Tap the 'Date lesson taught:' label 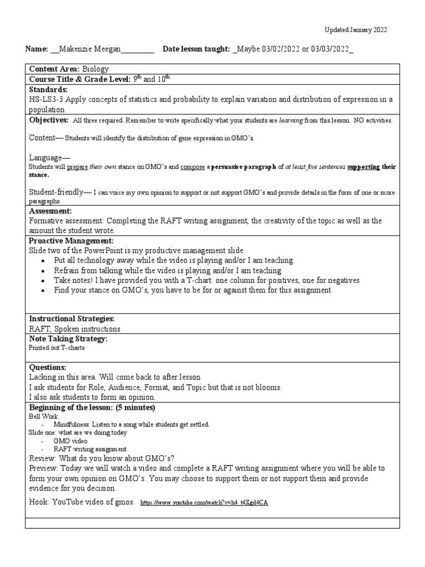[x=196, y=49]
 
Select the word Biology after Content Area [x=96, y=69]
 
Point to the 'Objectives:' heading [x=49, y=120]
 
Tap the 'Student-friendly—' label [x=60, y=192]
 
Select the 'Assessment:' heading [x=50, y=211]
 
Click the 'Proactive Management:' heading [x=71, y=241]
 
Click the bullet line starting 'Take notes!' [x=206, y=281]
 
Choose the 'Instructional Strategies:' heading [x=71, y=319]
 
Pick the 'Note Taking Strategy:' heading [x=68, y=338]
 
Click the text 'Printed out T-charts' [x=56, y=349]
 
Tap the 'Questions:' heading [x=48, y=367]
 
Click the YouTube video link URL [x=204, y=503]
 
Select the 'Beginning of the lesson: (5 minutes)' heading [x=92, y=408]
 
